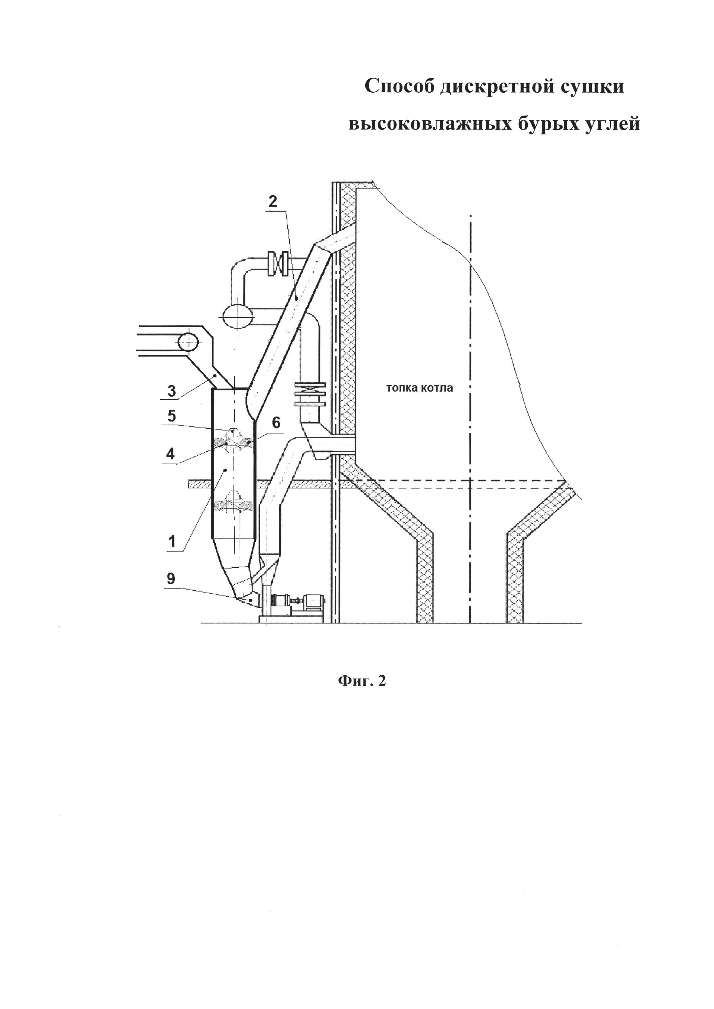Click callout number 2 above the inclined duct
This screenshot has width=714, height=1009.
(273, 202)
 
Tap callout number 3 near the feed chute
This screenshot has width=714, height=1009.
(172, 391)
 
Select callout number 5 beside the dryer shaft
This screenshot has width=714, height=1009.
(172, 416)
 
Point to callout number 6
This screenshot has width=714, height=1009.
(276, 423)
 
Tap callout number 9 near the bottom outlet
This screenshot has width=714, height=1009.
(171, 579)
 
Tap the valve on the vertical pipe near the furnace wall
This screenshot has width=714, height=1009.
(310, 394)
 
